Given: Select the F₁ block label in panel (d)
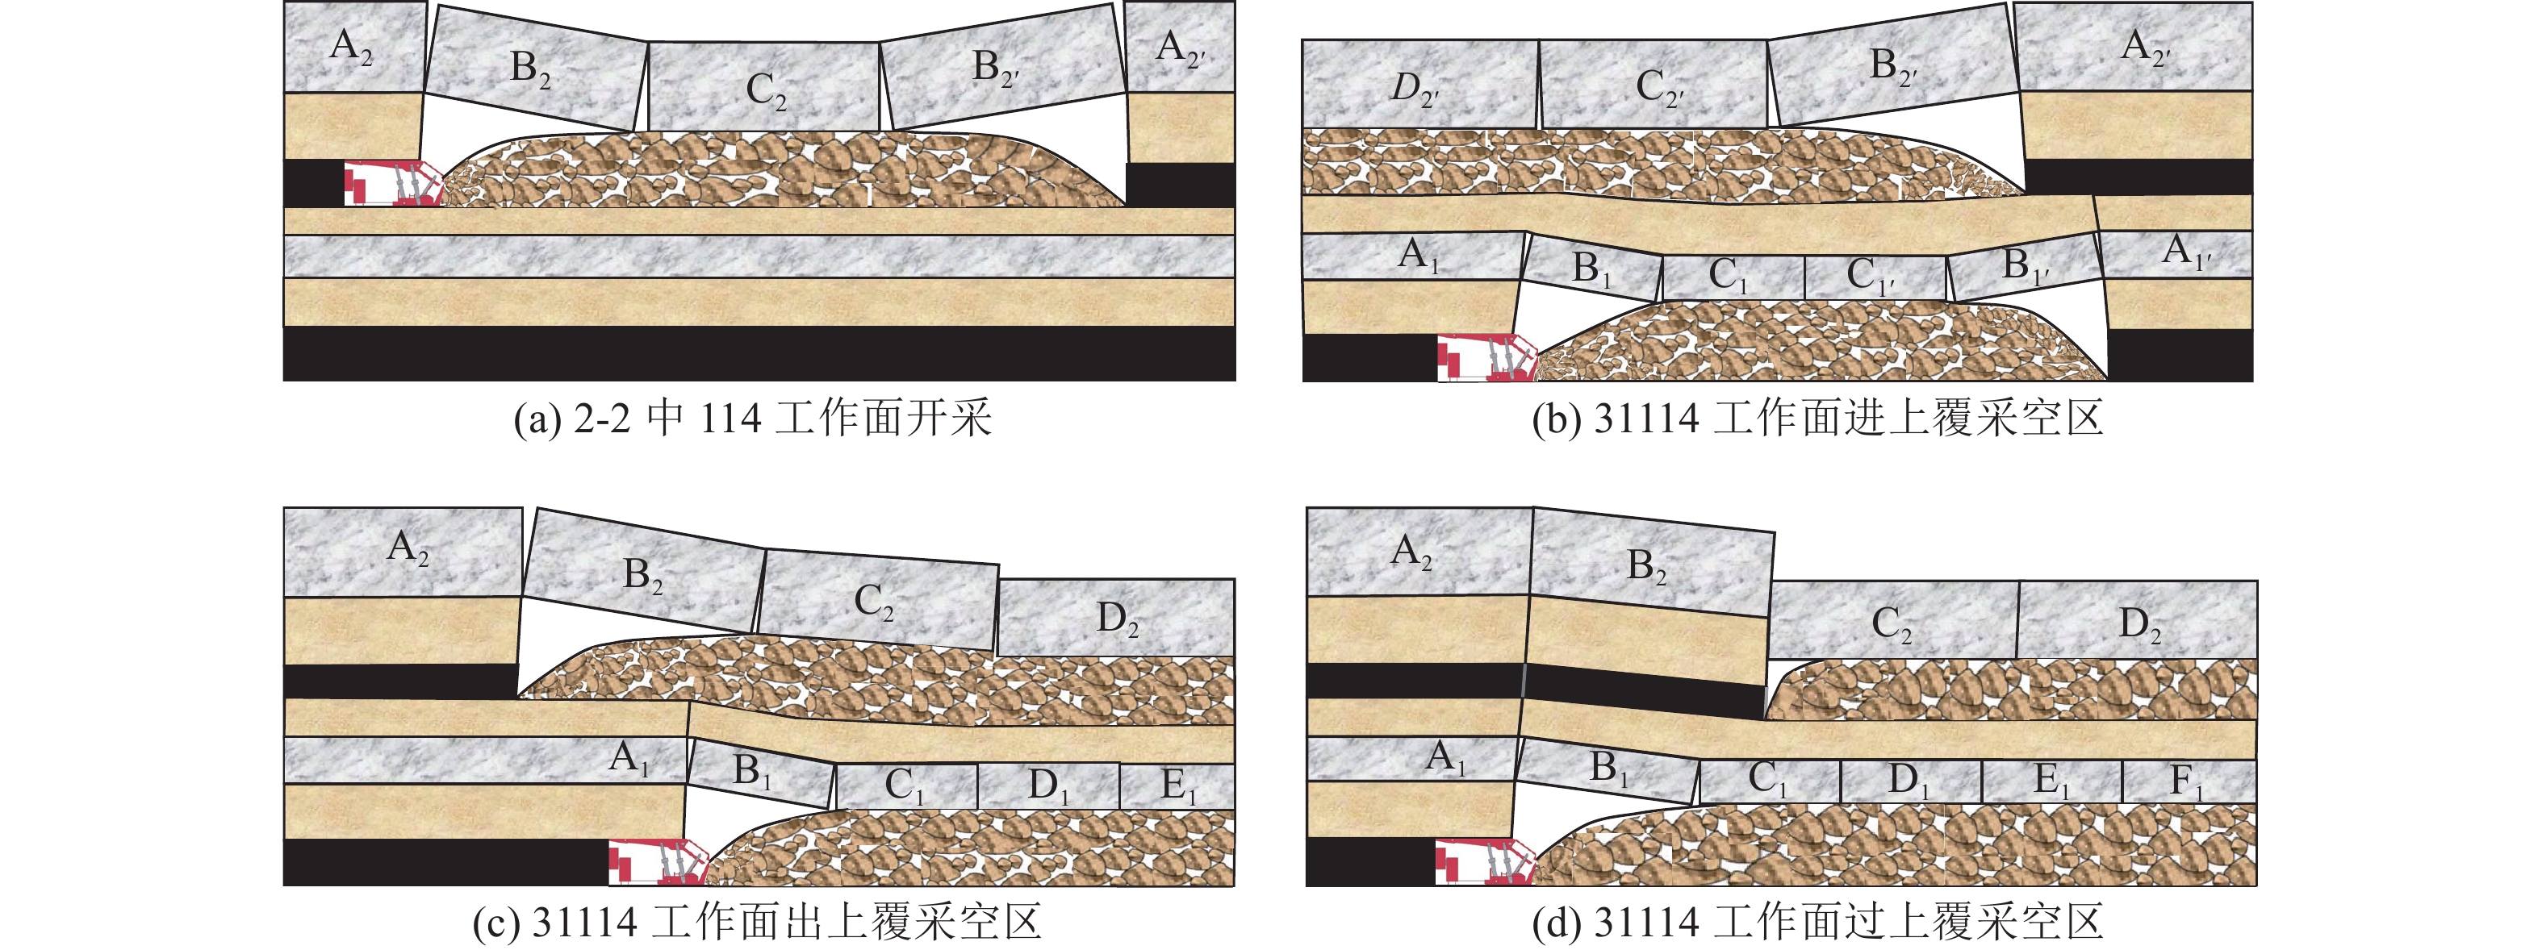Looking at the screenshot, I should point(2187,782).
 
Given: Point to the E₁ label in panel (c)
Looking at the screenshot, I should point(1173,786).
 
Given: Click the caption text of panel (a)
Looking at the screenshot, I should point(752,419).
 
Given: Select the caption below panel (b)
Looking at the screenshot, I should point(1817,419).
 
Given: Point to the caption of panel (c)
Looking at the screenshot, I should point(757,923).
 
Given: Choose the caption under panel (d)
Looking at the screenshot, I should point(1817,923).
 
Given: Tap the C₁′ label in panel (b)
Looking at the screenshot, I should point(1871,277).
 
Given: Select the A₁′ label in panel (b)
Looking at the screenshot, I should point(2187,252).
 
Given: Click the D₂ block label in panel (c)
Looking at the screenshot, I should point(1117,620).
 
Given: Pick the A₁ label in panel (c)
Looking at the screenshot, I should point(629,759).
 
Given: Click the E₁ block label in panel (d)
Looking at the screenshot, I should point(2050,782).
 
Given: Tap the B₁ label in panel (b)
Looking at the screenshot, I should point(1591,269).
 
